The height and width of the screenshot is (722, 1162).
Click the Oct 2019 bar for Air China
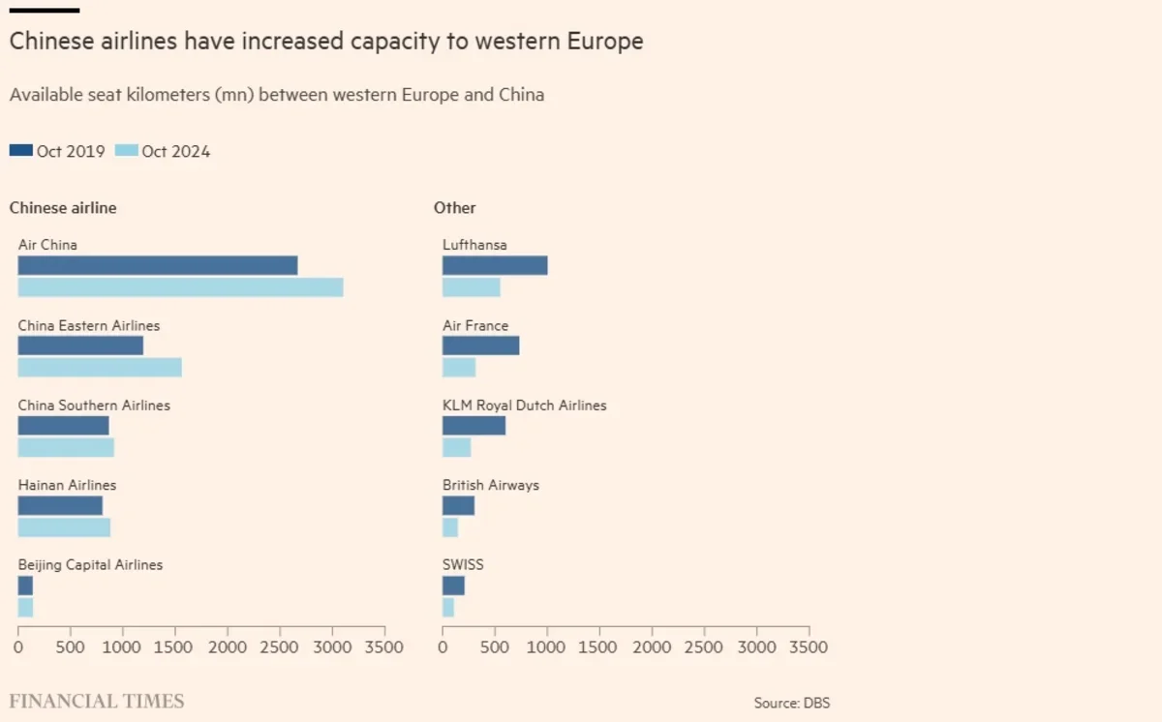click(157, 265)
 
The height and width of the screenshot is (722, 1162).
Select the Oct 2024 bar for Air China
click(180, 287)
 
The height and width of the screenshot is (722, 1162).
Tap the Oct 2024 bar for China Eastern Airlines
click(99, 367)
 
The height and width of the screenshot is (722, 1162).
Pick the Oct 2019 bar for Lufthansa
click(495, 265)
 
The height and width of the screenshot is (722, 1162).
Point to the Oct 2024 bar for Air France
click(459, 367)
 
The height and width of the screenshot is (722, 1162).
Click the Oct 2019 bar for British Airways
click(458, 505)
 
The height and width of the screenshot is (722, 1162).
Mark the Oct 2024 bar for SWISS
click(448, 607)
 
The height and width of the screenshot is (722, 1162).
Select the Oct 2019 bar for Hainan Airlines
click(60, 505)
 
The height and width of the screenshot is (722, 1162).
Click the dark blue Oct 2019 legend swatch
click(20, 150)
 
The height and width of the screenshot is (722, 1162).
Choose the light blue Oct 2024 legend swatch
click(126, 150)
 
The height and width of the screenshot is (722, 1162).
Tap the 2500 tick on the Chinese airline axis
click(280, 647)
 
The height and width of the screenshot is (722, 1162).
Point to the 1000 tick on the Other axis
click(547, 647)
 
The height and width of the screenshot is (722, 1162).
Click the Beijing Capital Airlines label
click(90, 564)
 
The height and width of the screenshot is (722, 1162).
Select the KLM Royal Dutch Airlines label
click(524, 406)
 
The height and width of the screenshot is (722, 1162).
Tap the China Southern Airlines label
click(94, 406)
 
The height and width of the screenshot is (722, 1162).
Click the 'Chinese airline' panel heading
click(63, 208)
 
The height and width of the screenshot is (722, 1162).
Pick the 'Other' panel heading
click(454, 208)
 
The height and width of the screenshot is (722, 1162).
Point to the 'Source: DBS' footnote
click(791, 703)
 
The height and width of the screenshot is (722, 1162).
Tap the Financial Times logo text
click(96, 701)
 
